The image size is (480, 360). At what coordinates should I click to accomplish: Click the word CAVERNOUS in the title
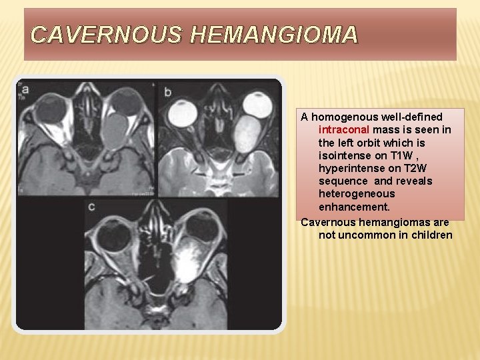105,35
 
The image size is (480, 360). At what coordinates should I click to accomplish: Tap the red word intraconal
345,129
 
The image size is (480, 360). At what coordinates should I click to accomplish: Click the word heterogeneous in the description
357,193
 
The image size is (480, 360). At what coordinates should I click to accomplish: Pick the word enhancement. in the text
354,207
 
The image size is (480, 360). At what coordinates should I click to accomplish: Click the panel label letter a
25,89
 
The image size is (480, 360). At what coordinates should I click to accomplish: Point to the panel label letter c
91,207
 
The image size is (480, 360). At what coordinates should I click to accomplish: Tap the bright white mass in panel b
248,133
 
